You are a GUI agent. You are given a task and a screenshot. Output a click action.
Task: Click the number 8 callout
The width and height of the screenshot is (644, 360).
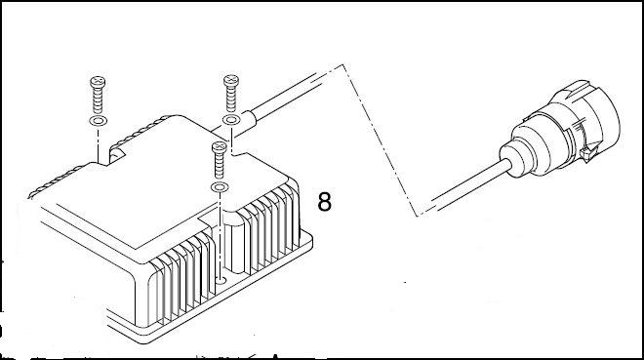point(325,202)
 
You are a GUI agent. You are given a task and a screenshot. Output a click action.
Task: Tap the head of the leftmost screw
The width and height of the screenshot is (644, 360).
point(98,82)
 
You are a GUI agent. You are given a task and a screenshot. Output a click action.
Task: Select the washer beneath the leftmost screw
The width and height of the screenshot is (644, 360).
point(99,121)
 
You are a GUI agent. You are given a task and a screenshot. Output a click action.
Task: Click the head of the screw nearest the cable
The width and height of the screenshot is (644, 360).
point(231,80)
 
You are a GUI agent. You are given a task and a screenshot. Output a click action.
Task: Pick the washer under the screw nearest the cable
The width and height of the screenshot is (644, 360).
point(231,120)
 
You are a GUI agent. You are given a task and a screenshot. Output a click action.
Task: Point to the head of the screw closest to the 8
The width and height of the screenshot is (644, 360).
point(220,147)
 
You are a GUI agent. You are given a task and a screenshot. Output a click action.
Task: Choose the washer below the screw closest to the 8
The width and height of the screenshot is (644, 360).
point(220,187)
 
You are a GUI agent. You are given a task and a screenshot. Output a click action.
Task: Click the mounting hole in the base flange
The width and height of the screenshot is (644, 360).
point(221,281)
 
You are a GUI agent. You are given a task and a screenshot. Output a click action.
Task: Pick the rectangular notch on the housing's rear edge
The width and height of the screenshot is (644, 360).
point(117,155)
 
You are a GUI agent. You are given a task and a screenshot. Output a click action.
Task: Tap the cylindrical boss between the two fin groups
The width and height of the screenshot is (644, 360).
point(233,242)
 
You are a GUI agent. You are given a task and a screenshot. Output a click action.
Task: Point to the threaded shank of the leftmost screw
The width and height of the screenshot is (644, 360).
point(98,100)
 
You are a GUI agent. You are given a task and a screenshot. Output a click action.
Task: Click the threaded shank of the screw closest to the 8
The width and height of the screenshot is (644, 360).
point(220,166)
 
